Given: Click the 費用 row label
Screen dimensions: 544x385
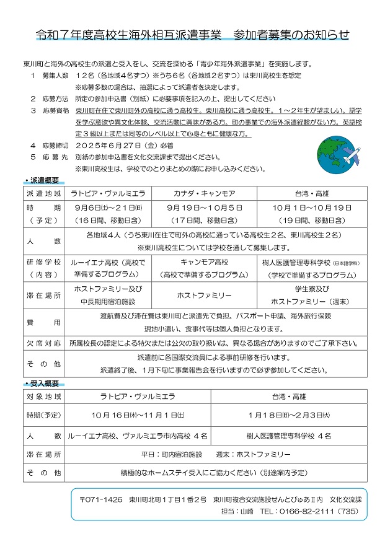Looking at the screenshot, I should click(x=43, y=322).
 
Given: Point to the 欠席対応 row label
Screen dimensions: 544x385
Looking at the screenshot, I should click(x=43, y=343).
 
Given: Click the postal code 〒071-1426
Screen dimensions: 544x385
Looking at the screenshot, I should click(x=101, y=499).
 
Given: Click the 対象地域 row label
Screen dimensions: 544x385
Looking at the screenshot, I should click(x=43, y=395).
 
